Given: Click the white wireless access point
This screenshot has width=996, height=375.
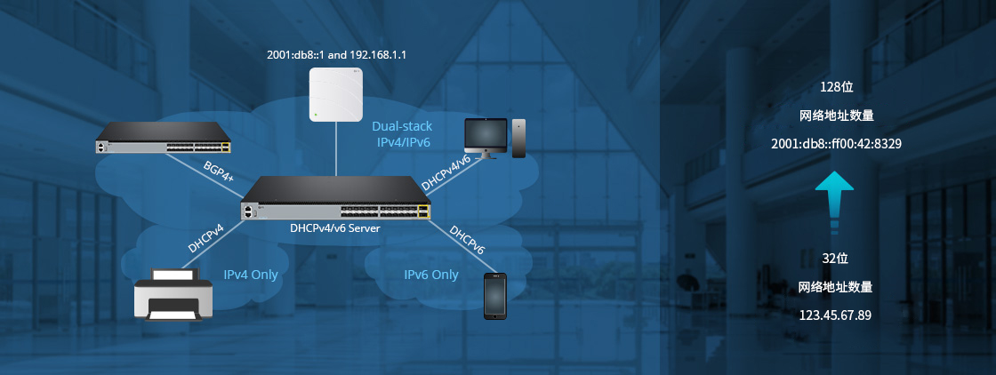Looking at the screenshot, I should point(335,95).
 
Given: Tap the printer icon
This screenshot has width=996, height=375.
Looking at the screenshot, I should point(173,295).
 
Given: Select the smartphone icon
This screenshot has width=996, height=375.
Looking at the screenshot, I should point(495,296).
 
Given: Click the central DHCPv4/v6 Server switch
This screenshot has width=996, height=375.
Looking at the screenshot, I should point(336,199).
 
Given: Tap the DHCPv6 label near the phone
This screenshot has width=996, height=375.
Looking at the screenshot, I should point(467,240).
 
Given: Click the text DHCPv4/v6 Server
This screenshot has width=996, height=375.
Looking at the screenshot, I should point(335,227).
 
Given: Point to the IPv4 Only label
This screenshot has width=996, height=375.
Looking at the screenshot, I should point(251,275).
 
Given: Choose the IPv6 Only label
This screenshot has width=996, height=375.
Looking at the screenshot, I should point(431,275).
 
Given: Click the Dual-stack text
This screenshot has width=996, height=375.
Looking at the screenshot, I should point(402,127).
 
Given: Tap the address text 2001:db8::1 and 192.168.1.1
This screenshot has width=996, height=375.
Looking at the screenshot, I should point(336,55).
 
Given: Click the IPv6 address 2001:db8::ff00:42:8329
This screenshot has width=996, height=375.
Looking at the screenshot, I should point(835,143).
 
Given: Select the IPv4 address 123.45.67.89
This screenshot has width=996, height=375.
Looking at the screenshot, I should point(835,315).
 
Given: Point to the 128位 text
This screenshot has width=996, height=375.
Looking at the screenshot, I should point(835,87).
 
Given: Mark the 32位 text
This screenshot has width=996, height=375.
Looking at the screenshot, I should point(835,259).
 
